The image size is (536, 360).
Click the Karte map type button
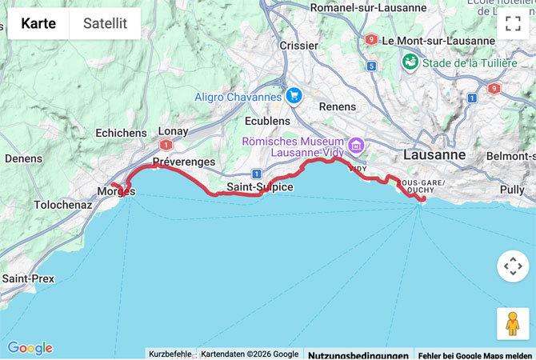tap(38, 24)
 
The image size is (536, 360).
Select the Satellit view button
tap(105, 24)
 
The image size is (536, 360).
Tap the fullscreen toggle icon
tap(513, 23)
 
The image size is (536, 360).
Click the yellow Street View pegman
tap(513, 323)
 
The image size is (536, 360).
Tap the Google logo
tap(30, 348)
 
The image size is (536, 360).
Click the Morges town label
tap(115, 191)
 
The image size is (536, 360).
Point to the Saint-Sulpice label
tap(260, 187)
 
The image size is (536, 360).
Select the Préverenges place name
tap(183, 162)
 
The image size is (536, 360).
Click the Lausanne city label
tap(434, 154)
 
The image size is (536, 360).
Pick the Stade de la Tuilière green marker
tap(410, 62)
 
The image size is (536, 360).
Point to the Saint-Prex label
tap(27, 278)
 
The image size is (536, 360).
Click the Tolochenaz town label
tap(63, 205)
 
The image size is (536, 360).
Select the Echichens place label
tap(121, 133)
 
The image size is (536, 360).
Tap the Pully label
tap(512, 190)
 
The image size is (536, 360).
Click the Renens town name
tap(337, 106)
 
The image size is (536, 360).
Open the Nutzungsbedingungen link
tap(358, 354)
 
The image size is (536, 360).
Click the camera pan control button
tap(513, 266)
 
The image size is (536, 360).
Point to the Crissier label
tap(298, 46)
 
